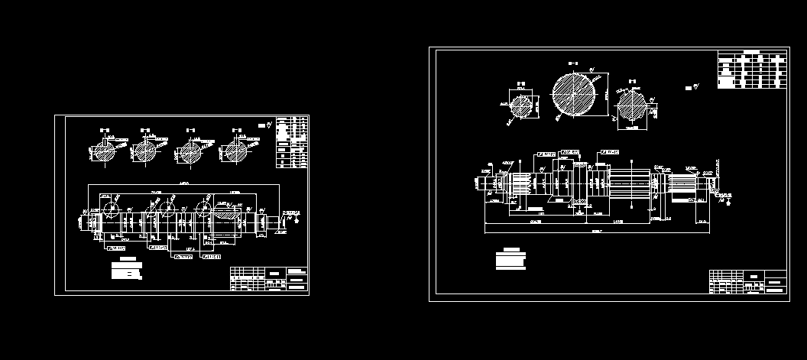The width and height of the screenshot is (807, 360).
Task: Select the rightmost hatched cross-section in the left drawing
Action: coord(232,151)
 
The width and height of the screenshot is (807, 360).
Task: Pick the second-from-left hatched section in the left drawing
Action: coord(145,151)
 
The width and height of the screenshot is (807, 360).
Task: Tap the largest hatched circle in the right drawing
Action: coord(573,97)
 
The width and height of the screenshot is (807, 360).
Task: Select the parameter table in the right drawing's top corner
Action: coord(751,70)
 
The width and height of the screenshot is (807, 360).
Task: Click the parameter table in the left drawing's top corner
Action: coord(291,141)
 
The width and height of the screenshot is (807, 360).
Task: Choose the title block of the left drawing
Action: coord(270,278)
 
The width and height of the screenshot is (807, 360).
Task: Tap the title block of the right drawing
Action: coord(747,281)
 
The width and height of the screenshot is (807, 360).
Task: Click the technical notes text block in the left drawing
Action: coord(127,270)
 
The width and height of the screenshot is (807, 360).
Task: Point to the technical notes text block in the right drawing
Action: coord(510,258)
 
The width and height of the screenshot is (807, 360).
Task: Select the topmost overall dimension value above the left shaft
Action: coord(183,184)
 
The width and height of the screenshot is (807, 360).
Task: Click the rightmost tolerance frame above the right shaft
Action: coord(609,152)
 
